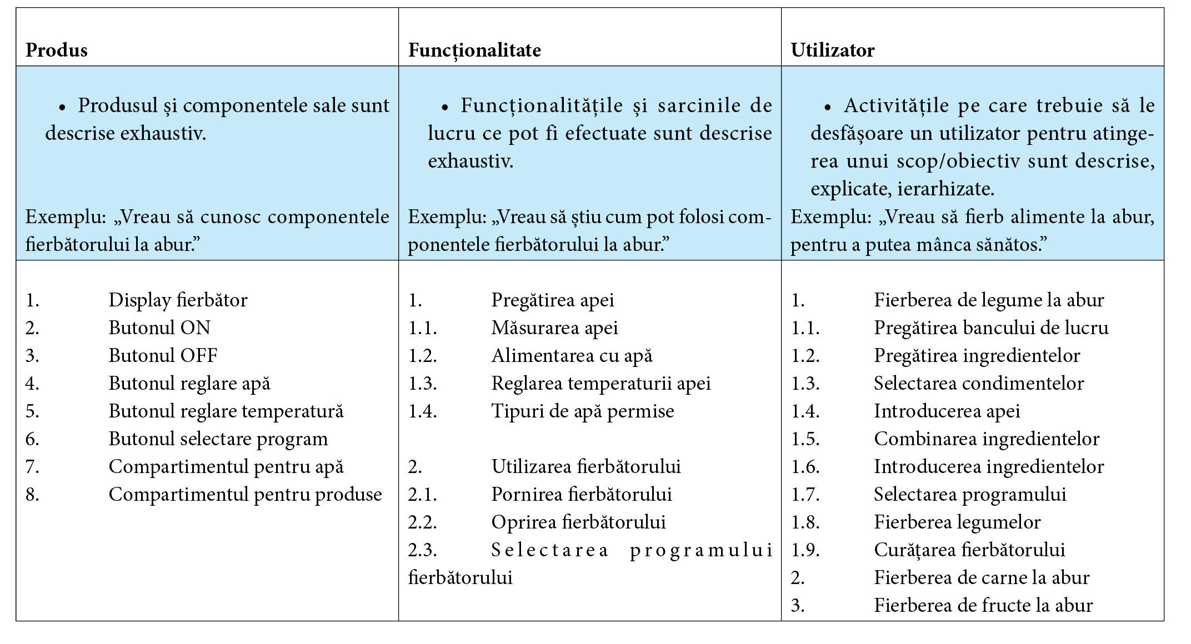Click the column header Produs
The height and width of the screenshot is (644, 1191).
pos(57,51)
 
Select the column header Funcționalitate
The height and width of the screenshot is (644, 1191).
pos(474,51)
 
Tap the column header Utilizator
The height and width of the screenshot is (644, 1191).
pos(832,51)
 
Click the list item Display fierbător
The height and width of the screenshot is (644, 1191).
pos(178,300)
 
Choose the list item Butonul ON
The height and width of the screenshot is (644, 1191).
pos(159,328)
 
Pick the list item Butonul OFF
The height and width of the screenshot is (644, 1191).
pos(163,356)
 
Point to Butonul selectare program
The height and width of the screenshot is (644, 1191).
pos(218,439)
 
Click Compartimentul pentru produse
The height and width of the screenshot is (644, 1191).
pos(245,495)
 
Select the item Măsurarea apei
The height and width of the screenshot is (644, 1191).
pos(554,328)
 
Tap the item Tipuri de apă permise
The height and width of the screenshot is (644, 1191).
pos(582,411)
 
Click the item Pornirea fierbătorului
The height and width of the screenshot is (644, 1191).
pos(581,495)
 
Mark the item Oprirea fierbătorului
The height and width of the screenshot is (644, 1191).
pos(578,522)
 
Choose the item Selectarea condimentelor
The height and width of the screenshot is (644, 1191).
pos(978,384)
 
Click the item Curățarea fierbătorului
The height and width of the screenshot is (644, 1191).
pos(969,550)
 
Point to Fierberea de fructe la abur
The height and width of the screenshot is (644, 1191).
pos(983,606)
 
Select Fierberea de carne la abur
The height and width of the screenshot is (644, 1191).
pos(982,578)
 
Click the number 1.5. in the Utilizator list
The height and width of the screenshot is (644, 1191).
pos(805,439)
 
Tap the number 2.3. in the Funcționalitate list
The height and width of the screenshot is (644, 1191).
pos(422,550)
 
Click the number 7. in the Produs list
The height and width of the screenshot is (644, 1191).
pos(32,467)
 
